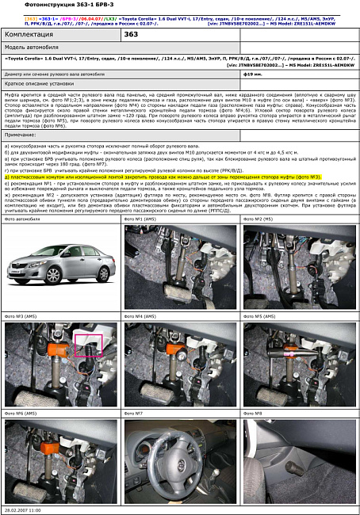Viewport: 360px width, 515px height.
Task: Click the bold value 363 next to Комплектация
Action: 132,35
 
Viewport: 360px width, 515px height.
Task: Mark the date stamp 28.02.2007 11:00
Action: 24,510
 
